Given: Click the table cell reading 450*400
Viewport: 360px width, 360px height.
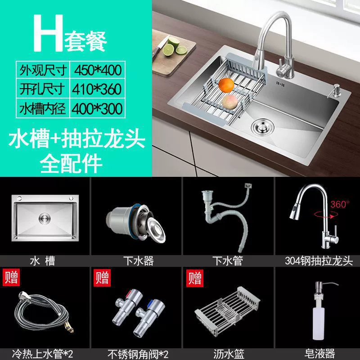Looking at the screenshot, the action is pyautogui.click(x=98, y=70).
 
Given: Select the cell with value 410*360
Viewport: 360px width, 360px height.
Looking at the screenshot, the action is pyautogui.click(x=98, y=89).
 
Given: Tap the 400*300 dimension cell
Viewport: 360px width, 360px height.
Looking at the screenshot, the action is pyautogui.click(x=98, y=108).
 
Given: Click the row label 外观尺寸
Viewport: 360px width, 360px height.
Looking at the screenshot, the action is pyautogui.click(x=43, y=70).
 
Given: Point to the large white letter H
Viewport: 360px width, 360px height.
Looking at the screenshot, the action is pyautogui.click(x=48, y=33).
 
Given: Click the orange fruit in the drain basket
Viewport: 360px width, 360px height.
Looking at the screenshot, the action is pyautogui.click(x=226, y=85).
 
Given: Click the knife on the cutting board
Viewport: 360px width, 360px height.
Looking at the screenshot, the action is pyautogui.click(x=160, y=48).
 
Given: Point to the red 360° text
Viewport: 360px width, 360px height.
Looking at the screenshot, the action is pyautogui.click(x=340, y=204).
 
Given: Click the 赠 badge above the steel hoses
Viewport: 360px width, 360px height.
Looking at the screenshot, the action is pyautogui.click(x=11, y=278).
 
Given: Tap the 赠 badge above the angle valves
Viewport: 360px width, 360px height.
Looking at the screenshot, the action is pyautogui.click(x=102, y=278).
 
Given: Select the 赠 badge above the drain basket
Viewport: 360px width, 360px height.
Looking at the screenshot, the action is pyautogui.click(x=195, y=278).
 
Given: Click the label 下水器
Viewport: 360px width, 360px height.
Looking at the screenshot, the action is pyautogui.click(x=139, y=261).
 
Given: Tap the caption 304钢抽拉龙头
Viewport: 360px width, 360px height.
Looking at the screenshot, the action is pyautogui.click(x=319, y=261).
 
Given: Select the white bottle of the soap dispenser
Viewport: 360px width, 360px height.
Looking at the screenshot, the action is pyautogui.click(x=319, y=321).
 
